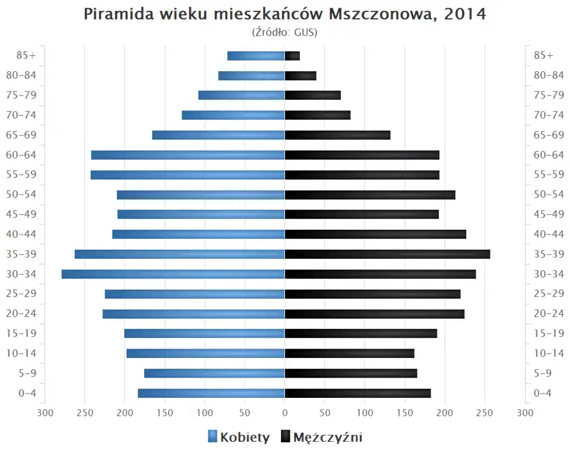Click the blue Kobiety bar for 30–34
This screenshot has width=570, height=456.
[x=173, y=274]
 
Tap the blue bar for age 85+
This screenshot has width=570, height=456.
[x=256, y=56]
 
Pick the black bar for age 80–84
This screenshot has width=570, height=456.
[x=300, y=75]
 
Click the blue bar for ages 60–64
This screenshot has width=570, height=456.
[x=188, y=155]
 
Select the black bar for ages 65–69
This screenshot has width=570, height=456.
[x=337, y=135]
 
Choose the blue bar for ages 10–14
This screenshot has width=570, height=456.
[x=205, y=353]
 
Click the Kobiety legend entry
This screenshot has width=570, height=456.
[x=239, y=438]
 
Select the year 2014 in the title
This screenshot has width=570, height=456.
[x=465, y=14]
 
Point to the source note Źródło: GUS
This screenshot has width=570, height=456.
[x=285, y=32]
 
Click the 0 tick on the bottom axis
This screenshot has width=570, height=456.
[x=285, y=412]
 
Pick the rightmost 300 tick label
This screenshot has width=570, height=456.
[x=525, y=412]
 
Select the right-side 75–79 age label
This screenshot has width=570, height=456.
[x=549, y=95]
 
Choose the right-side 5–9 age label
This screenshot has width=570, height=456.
[x=543, y=373]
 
